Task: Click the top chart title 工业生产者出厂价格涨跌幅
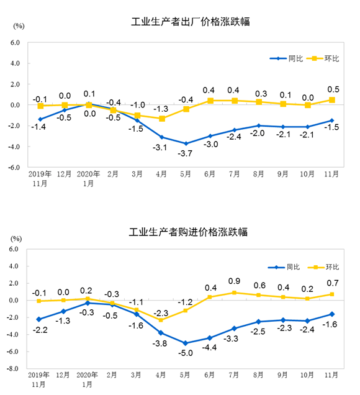[194, 22]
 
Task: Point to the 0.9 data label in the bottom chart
[235, 281]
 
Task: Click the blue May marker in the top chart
[186, 143]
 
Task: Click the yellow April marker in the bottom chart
[161, 320]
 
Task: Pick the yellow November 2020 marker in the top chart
[331, 100]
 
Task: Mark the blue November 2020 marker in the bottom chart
[331, 314]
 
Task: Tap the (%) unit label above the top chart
[19, 25]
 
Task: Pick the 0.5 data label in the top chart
[331, 88]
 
